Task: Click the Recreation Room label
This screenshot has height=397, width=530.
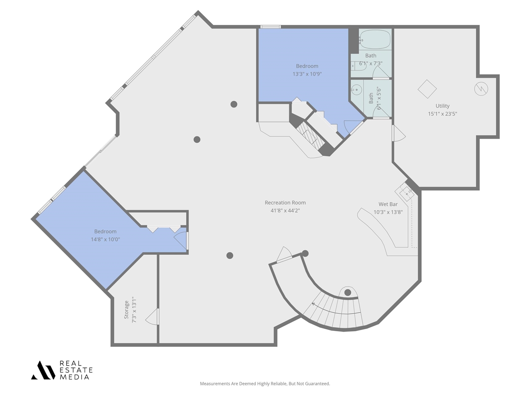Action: pyautogui.click(x=285, y=203)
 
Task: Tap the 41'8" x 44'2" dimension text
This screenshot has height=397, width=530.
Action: pyautogui.click(x=285, y=210)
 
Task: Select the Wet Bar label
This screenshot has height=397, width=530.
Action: pyautogui.click(x=388, y=204)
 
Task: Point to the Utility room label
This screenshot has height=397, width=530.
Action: pyautogui.click(x=442, y=106)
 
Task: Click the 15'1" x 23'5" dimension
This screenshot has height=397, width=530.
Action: pyautogui.click(x=442, y=114)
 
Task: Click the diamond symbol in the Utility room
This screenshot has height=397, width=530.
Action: pyautogui.click(x=427, y=89)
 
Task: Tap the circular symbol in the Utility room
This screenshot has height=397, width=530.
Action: pyautogui.click(x=481, y=88)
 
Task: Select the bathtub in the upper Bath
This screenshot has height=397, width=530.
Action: pyautogui.click(x=374, y=40)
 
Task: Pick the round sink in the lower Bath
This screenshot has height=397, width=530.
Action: pyautogui.click(x=357, y=90)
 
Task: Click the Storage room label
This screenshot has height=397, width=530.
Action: pyautogui.click(x=127, y=309)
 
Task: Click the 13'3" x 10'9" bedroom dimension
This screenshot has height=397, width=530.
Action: pyautogui.click(x=307, y=74)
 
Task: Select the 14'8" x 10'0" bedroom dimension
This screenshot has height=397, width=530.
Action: pyautogui.click(x=105, y=239)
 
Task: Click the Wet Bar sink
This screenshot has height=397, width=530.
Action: pyautogui.click(x=407, y=192)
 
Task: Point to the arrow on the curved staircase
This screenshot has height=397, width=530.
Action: pyautogui.click(x=313, y=304)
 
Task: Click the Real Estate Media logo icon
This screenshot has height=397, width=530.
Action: pyautogui.click(x=43, y=370)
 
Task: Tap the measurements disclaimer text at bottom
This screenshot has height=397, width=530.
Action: pyautogui.click(x=265, y=384)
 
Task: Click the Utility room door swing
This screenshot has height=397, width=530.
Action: pyautogui.click(x=399, y=134)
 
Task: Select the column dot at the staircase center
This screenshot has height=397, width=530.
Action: pyautogui.click(x=348, y=293)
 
